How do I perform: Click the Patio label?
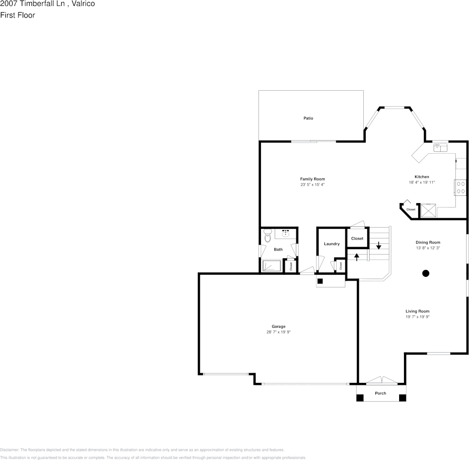[x=308, y=118]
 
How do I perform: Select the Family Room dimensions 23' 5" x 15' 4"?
[x=312, y=185]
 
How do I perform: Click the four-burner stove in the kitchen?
[x=460, y=187]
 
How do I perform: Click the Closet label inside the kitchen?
[x=411, y=209]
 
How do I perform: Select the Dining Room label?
[x=428, y=242]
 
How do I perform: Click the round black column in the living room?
[x=426, y=273]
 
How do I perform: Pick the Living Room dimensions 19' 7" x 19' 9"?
[x=418, y=317]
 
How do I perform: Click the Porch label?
[x=381, y=393]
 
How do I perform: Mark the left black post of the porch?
[x=360, y=398]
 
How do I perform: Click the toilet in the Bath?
[x=267, y=236]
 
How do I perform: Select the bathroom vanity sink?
[x=286, y=234]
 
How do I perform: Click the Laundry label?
[x=332, y=244]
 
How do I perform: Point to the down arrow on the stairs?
[x=379, y=244]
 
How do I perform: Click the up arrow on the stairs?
[x=357, y=256]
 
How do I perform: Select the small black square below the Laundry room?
[x=320, y=281]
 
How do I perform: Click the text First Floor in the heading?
[x=17, y=15]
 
